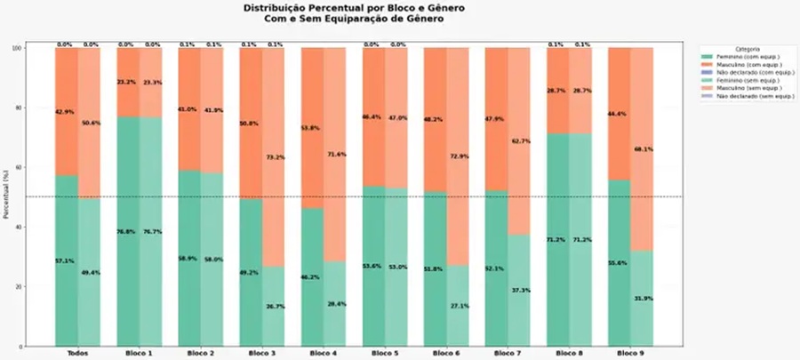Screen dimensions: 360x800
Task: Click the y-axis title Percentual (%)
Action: click(x=7, y=197)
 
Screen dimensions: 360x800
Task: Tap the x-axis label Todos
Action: click(x=77, y=354)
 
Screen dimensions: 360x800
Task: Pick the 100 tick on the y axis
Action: click(x=15, y=48)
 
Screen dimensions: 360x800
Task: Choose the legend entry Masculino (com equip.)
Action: click(x=748, y=63)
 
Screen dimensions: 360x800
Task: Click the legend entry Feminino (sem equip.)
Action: click(x=748, y=79)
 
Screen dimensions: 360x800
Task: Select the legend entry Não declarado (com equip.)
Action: click(x=752, y=71)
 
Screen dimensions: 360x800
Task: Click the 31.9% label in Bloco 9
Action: click(x=642, y=298)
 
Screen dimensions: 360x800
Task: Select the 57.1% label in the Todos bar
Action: click(x=66, y=260)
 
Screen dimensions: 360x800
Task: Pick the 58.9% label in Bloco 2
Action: click(x=188, y=258)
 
